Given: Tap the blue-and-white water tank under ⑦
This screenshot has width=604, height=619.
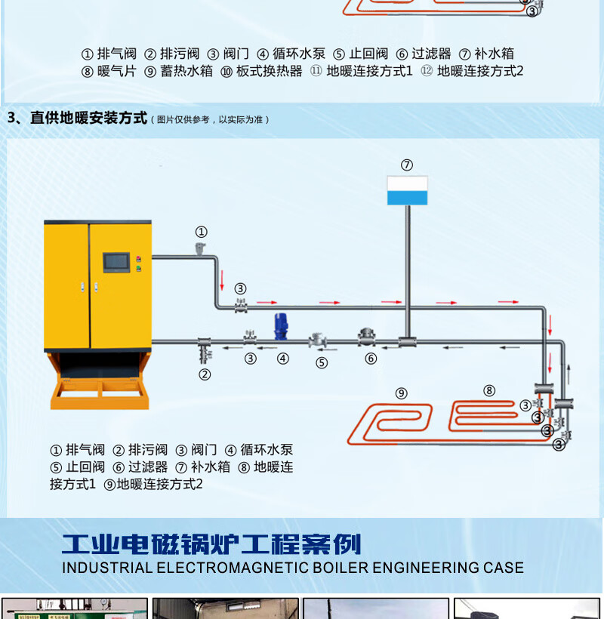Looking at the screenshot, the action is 407,190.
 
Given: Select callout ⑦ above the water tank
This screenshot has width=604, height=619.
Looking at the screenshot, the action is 407,165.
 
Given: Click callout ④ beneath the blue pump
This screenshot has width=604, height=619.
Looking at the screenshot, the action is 282,359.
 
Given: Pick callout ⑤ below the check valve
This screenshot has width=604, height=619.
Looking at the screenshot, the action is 322,362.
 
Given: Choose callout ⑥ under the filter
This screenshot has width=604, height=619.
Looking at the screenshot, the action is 371,359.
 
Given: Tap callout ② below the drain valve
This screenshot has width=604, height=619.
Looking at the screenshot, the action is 205,374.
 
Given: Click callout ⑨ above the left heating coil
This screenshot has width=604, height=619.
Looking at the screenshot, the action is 401,393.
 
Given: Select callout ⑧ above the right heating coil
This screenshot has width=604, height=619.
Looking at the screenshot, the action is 489,390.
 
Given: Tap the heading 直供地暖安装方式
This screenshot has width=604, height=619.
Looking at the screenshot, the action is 88,118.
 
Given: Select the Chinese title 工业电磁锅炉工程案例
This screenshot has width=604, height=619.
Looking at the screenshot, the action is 211,544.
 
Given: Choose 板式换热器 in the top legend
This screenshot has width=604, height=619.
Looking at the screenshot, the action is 269,71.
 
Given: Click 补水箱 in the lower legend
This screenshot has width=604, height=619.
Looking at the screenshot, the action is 211,467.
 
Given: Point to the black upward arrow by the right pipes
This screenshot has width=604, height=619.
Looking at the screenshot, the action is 569,371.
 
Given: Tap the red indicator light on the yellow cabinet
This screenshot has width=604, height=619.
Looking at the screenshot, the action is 138,259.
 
